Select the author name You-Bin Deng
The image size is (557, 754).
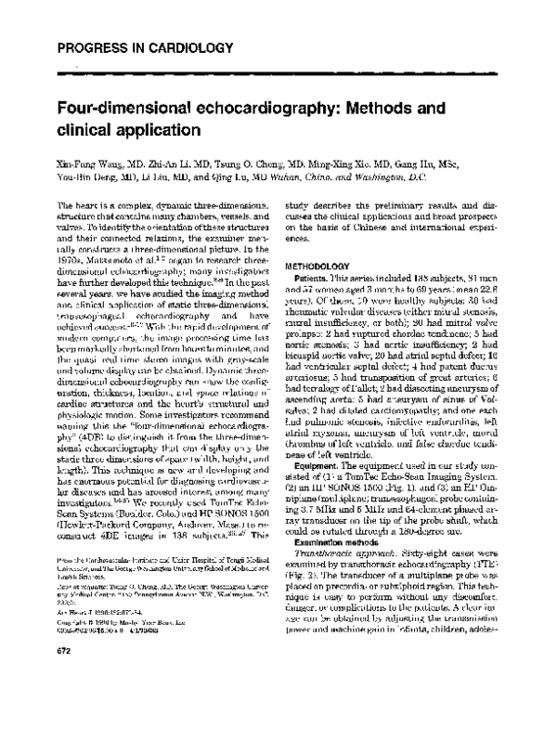click(x=90, y=175)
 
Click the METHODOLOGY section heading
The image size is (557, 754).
click(x=324, y=265)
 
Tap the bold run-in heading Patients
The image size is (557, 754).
click(x=313, y=278)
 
